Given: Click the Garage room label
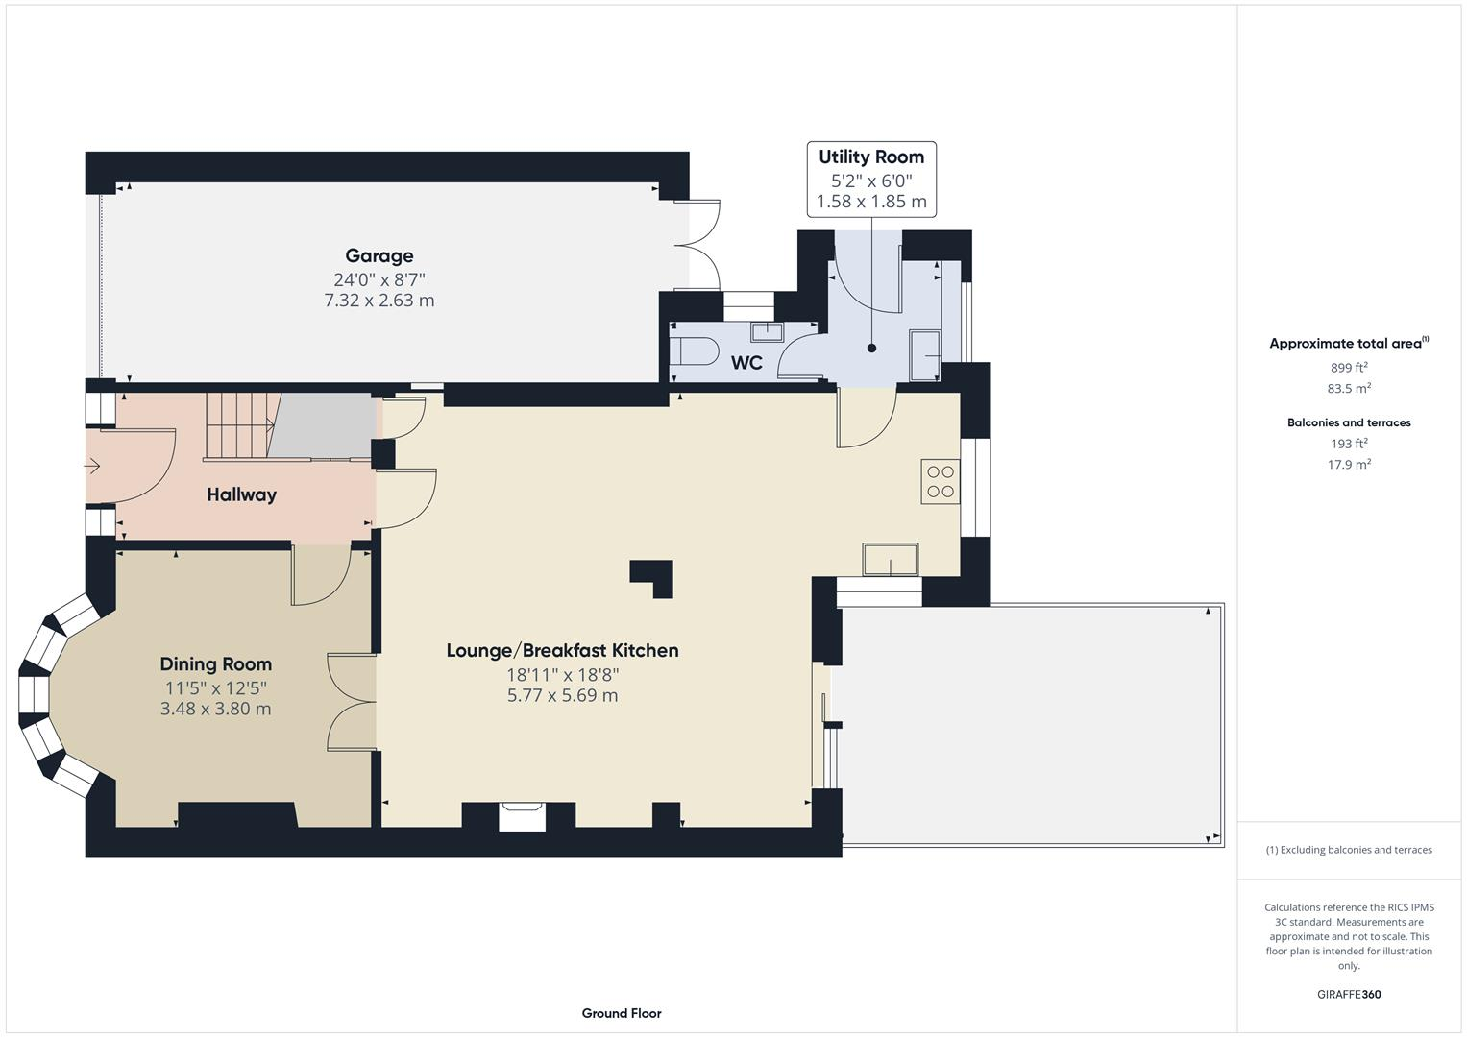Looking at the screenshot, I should pyautogui.click(x=379, y=255).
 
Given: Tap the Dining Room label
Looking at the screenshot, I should pyautogui.click(x=215, y=663).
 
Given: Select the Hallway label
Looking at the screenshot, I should pyautogui.click(x=241, y=494).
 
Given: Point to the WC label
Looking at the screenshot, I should pyautogui.click(x=746, y=363).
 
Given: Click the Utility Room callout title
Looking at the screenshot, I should pyautogui.click(x=871, y=157).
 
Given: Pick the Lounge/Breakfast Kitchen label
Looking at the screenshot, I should pyautogui.click(x=562, y=650).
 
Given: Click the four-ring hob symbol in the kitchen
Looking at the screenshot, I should pyautogui.click(x=941, y=482).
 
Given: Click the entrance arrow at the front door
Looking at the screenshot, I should pyautogui.click(x=92, y=467).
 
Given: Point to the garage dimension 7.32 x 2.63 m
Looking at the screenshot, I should pyautogui.click(x=379, y=301).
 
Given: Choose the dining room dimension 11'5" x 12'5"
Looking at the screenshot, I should pyautogui.click(x=215, y=687).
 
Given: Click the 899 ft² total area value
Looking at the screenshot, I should pyautogui.click(x=1349, y=368).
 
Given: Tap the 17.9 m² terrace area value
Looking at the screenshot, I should pyautogui.click(x=1349, y=465).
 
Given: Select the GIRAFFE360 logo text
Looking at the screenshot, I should pyautogui.click(x=1349, y=994).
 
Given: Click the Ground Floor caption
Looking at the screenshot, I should pyautogui.click(x=622, y=1013).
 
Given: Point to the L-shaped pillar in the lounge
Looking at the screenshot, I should pyautogui.click(x=654, y=576).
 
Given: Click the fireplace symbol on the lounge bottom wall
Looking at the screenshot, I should pyautogui.click(x=523, y=816).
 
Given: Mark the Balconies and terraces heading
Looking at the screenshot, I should pyautogui.click(x=1349, y=422).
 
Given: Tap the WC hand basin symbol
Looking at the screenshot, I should pyautogui.click(x=767, y=332).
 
